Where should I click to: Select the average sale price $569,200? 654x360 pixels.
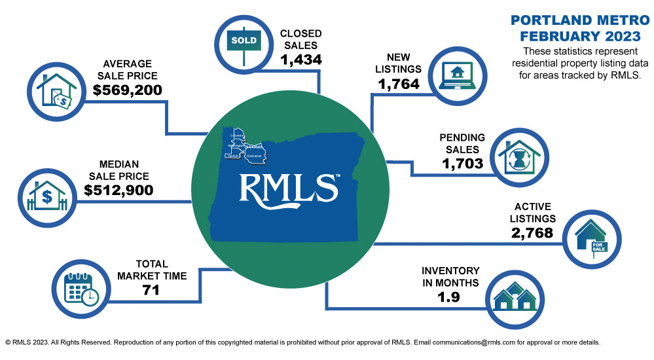click(127, 90)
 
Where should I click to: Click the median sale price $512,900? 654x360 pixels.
click(118, 190)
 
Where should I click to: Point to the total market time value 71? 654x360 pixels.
click(152, 291)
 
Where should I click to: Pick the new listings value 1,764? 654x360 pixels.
click(399, 84)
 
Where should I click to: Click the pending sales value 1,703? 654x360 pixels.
click(463, 164)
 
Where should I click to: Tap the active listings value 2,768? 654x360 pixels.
click(530, 232)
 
